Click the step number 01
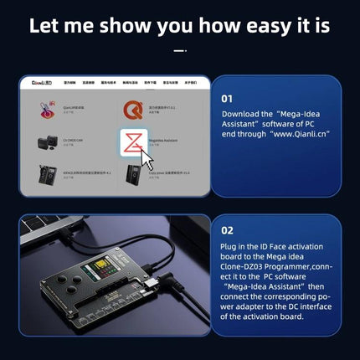[x=227, y=98]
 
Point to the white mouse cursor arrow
[x=148, y=159]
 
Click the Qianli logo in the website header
[x=39, y=85]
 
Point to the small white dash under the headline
[x=179, y=50]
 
